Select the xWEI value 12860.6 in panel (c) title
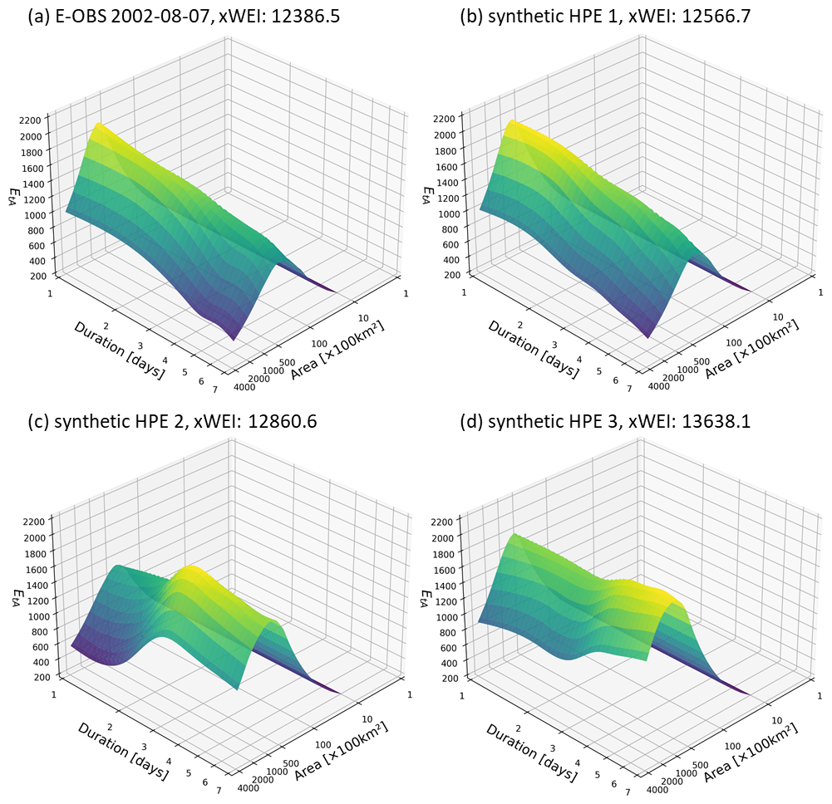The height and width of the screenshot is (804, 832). pyautogui.click(x=273, y=421)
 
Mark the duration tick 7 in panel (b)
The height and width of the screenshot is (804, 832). pyautogui.click(x=629, y=389)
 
